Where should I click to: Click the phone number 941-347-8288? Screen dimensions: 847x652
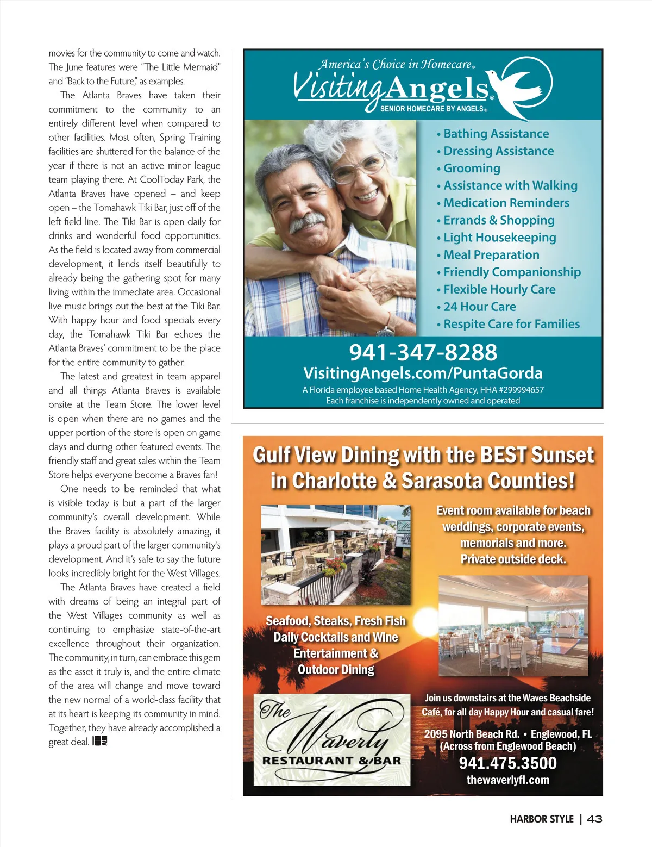pyautogui.click(x=423, y=352)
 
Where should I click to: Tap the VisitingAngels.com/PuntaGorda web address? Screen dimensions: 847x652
pyautogui.click(x=423, y=373)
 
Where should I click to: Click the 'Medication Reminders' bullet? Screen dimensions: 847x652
pyautogui.click(x=506, y=203)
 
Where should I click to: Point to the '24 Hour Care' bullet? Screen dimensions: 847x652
pyautogui.click(x=479, y=307)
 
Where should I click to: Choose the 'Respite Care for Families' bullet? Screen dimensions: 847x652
pyautogui.click(x=511, y=324)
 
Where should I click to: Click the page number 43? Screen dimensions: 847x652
pyautogui.click(x=594, y=819)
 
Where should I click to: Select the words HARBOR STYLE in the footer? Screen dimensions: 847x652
pyautogui.click(x=542, y=819)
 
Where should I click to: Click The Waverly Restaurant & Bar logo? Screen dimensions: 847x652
pyautogui.click(x=331, y=739)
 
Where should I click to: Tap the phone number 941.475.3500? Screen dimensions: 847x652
pyautogui.click(x=507, y=763)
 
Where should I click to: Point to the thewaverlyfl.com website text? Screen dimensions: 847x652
pyautogui.click(x=507, y=780)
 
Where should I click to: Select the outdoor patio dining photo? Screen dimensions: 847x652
pyautogui.click(x=335, y=555)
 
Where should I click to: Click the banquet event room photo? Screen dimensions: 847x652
pyautogui.click(x=513, y=626)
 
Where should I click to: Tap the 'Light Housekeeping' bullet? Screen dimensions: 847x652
pyautogui.click(x=499, y=238)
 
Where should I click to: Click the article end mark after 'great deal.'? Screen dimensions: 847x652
pyautogui.click(x=99, y=742)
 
